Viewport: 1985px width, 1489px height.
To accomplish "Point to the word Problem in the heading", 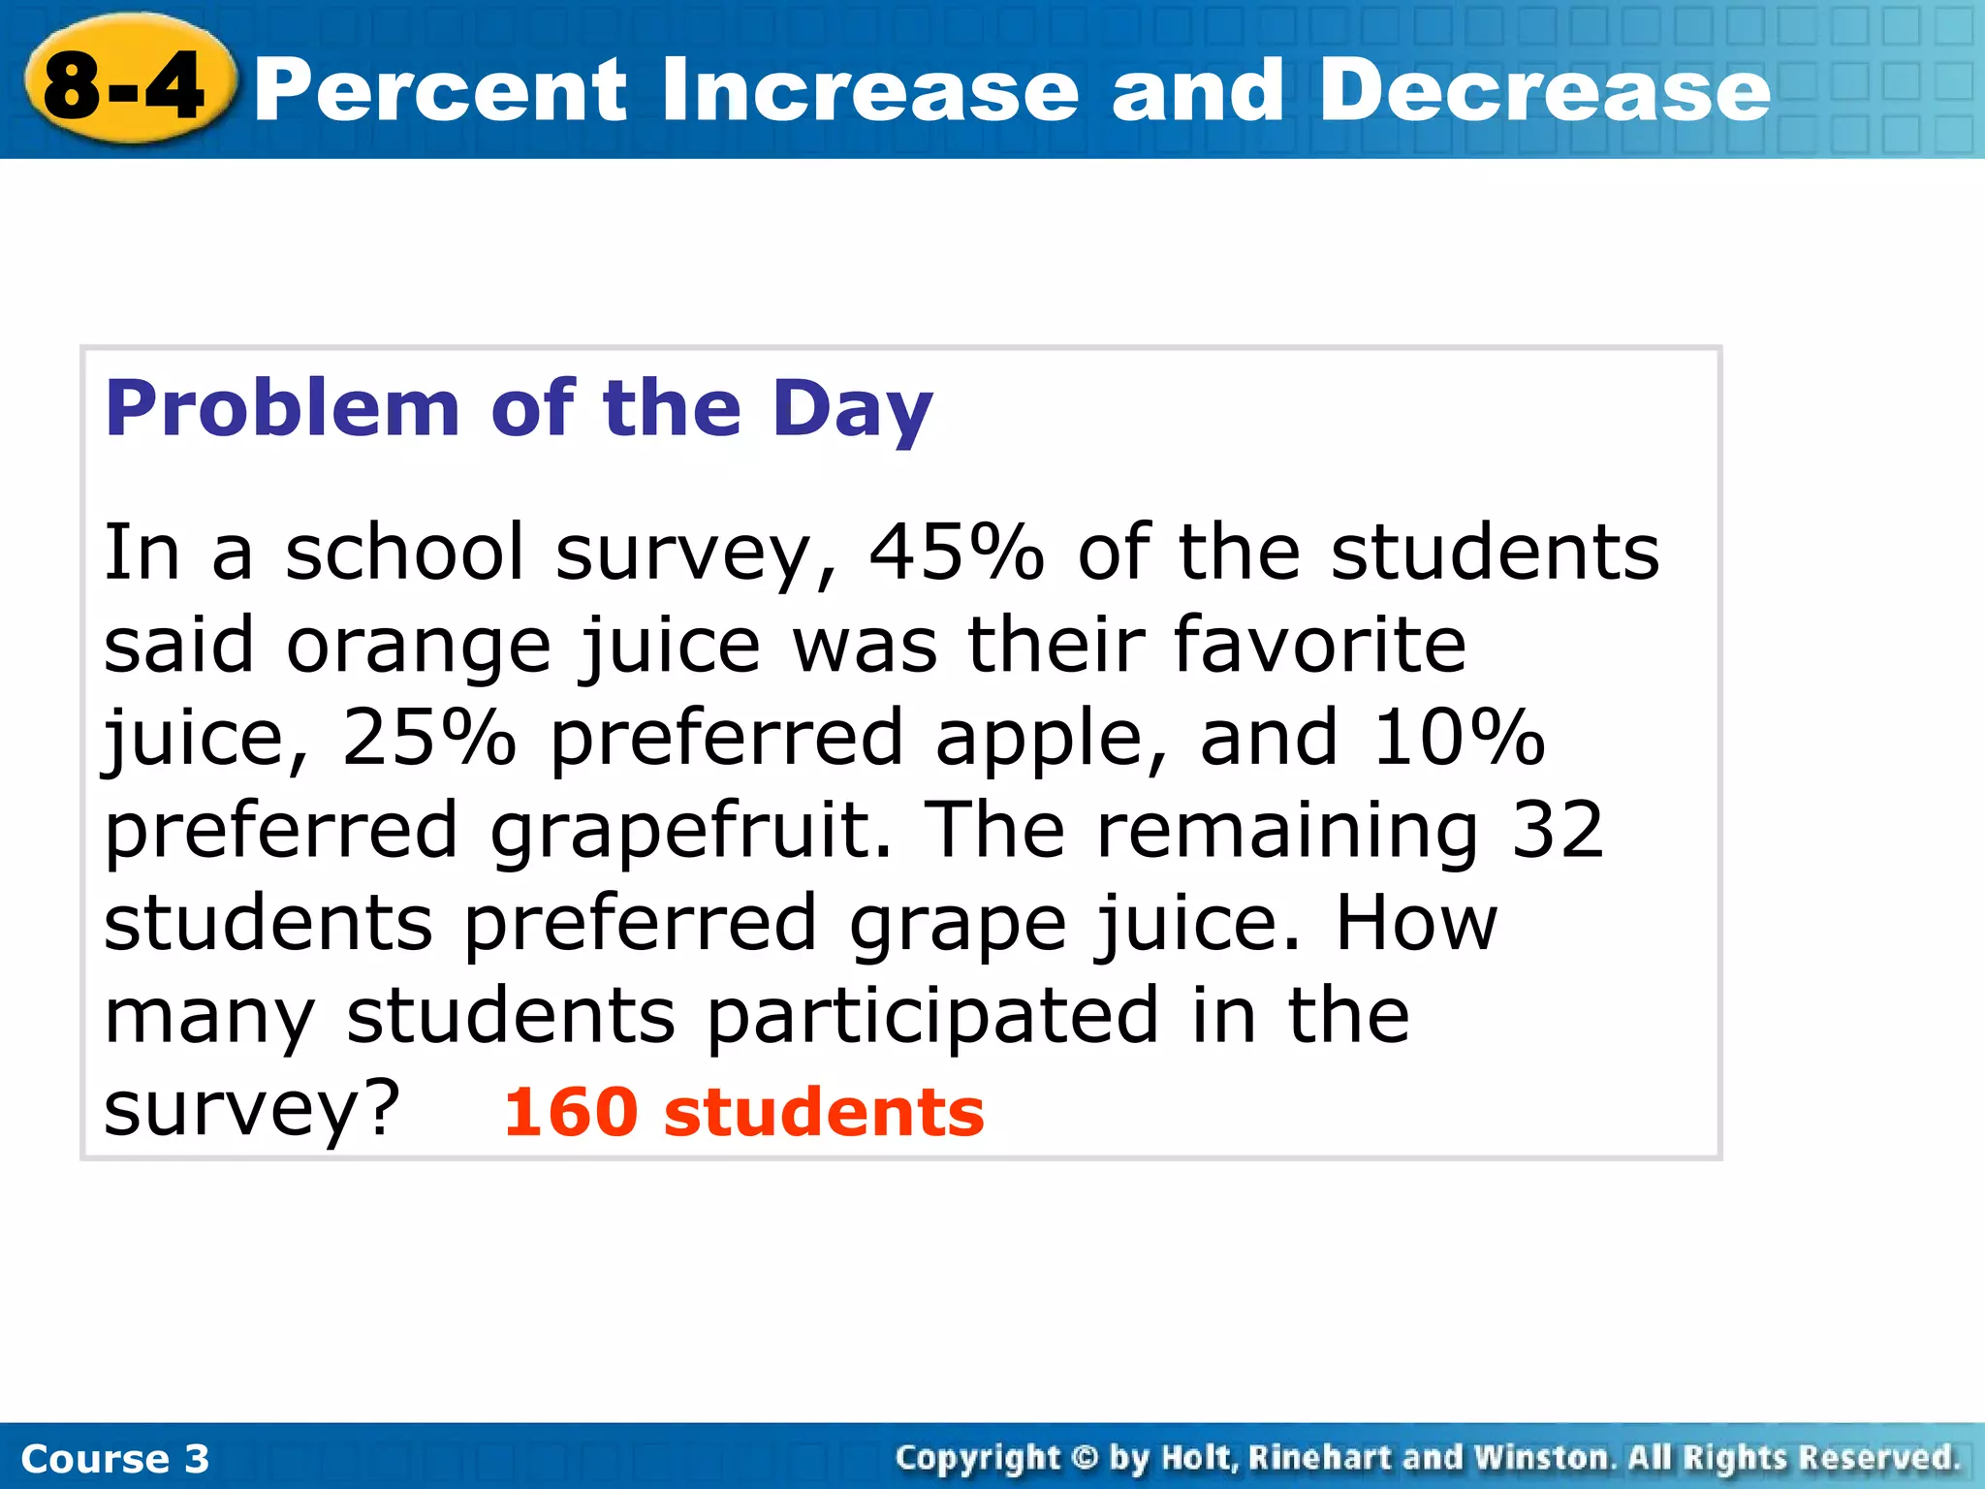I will pos(281,409).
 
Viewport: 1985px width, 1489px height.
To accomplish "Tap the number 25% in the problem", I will pos(429,738).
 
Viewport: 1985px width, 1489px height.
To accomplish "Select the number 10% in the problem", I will pos(1458,738).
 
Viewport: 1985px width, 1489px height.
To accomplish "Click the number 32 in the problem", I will pos(1558,830).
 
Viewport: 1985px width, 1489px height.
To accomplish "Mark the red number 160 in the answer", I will pos(571,1112).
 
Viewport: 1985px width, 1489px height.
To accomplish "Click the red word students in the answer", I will pos(824,1112).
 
